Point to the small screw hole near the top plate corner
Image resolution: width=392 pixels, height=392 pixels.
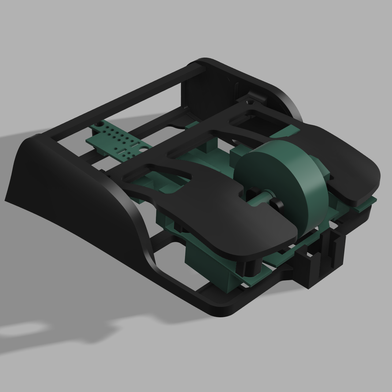coord(248,101)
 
